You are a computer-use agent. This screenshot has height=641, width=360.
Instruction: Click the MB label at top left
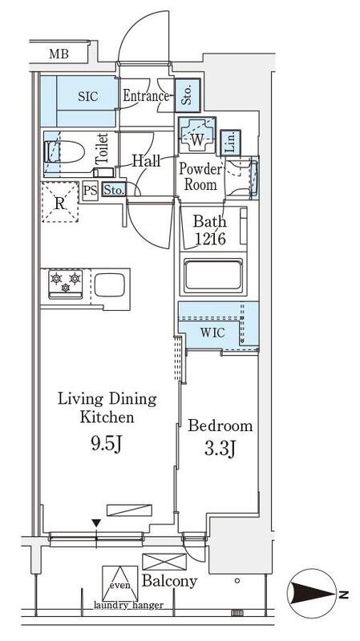pos(59,54)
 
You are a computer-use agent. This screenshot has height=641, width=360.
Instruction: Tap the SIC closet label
pos(88,96)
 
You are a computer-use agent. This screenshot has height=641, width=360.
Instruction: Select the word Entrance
pos(146,96)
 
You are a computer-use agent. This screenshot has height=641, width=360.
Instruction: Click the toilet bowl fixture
pos(64,151)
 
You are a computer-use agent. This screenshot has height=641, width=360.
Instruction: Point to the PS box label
pos(91,190)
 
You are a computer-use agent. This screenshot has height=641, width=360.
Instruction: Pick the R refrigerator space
pos(60,203)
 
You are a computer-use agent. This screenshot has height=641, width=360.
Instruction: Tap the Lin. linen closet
pos(230,143)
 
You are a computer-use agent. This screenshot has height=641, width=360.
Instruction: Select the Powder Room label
pos(200,176)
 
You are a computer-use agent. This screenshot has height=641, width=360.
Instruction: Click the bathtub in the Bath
pos(212,276)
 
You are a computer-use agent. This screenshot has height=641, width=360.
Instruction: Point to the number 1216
pos(210,239)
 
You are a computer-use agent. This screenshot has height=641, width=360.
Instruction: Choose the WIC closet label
pos(212,333)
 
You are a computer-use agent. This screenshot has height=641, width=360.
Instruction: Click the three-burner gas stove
pos(66,284)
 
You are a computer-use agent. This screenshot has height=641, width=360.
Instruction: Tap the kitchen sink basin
pos(110,284)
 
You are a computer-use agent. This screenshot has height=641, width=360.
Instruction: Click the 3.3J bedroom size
pos(219,450)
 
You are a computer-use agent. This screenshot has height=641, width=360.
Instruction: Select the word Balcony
pos(169,581)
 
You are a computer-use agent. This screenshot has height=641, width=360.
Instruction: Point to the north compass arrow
pos(313,594)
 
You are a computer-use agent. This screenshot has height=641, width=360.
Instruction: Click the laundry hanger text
pos(128,605)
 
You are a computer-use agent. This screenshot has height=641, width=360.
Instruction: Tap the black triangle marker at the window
pos(96,523)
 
